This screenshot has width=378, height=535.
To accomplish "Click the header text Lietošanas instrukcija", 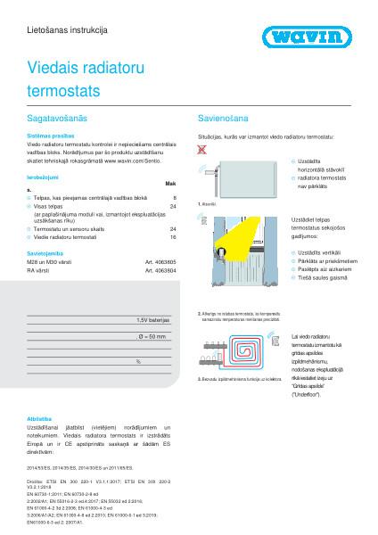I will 68,29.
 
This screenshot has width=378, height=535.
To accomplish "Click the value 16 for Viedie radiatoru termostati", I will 173,237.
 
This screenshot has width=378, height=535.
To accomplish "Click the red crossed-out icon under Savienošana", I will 201,152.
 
